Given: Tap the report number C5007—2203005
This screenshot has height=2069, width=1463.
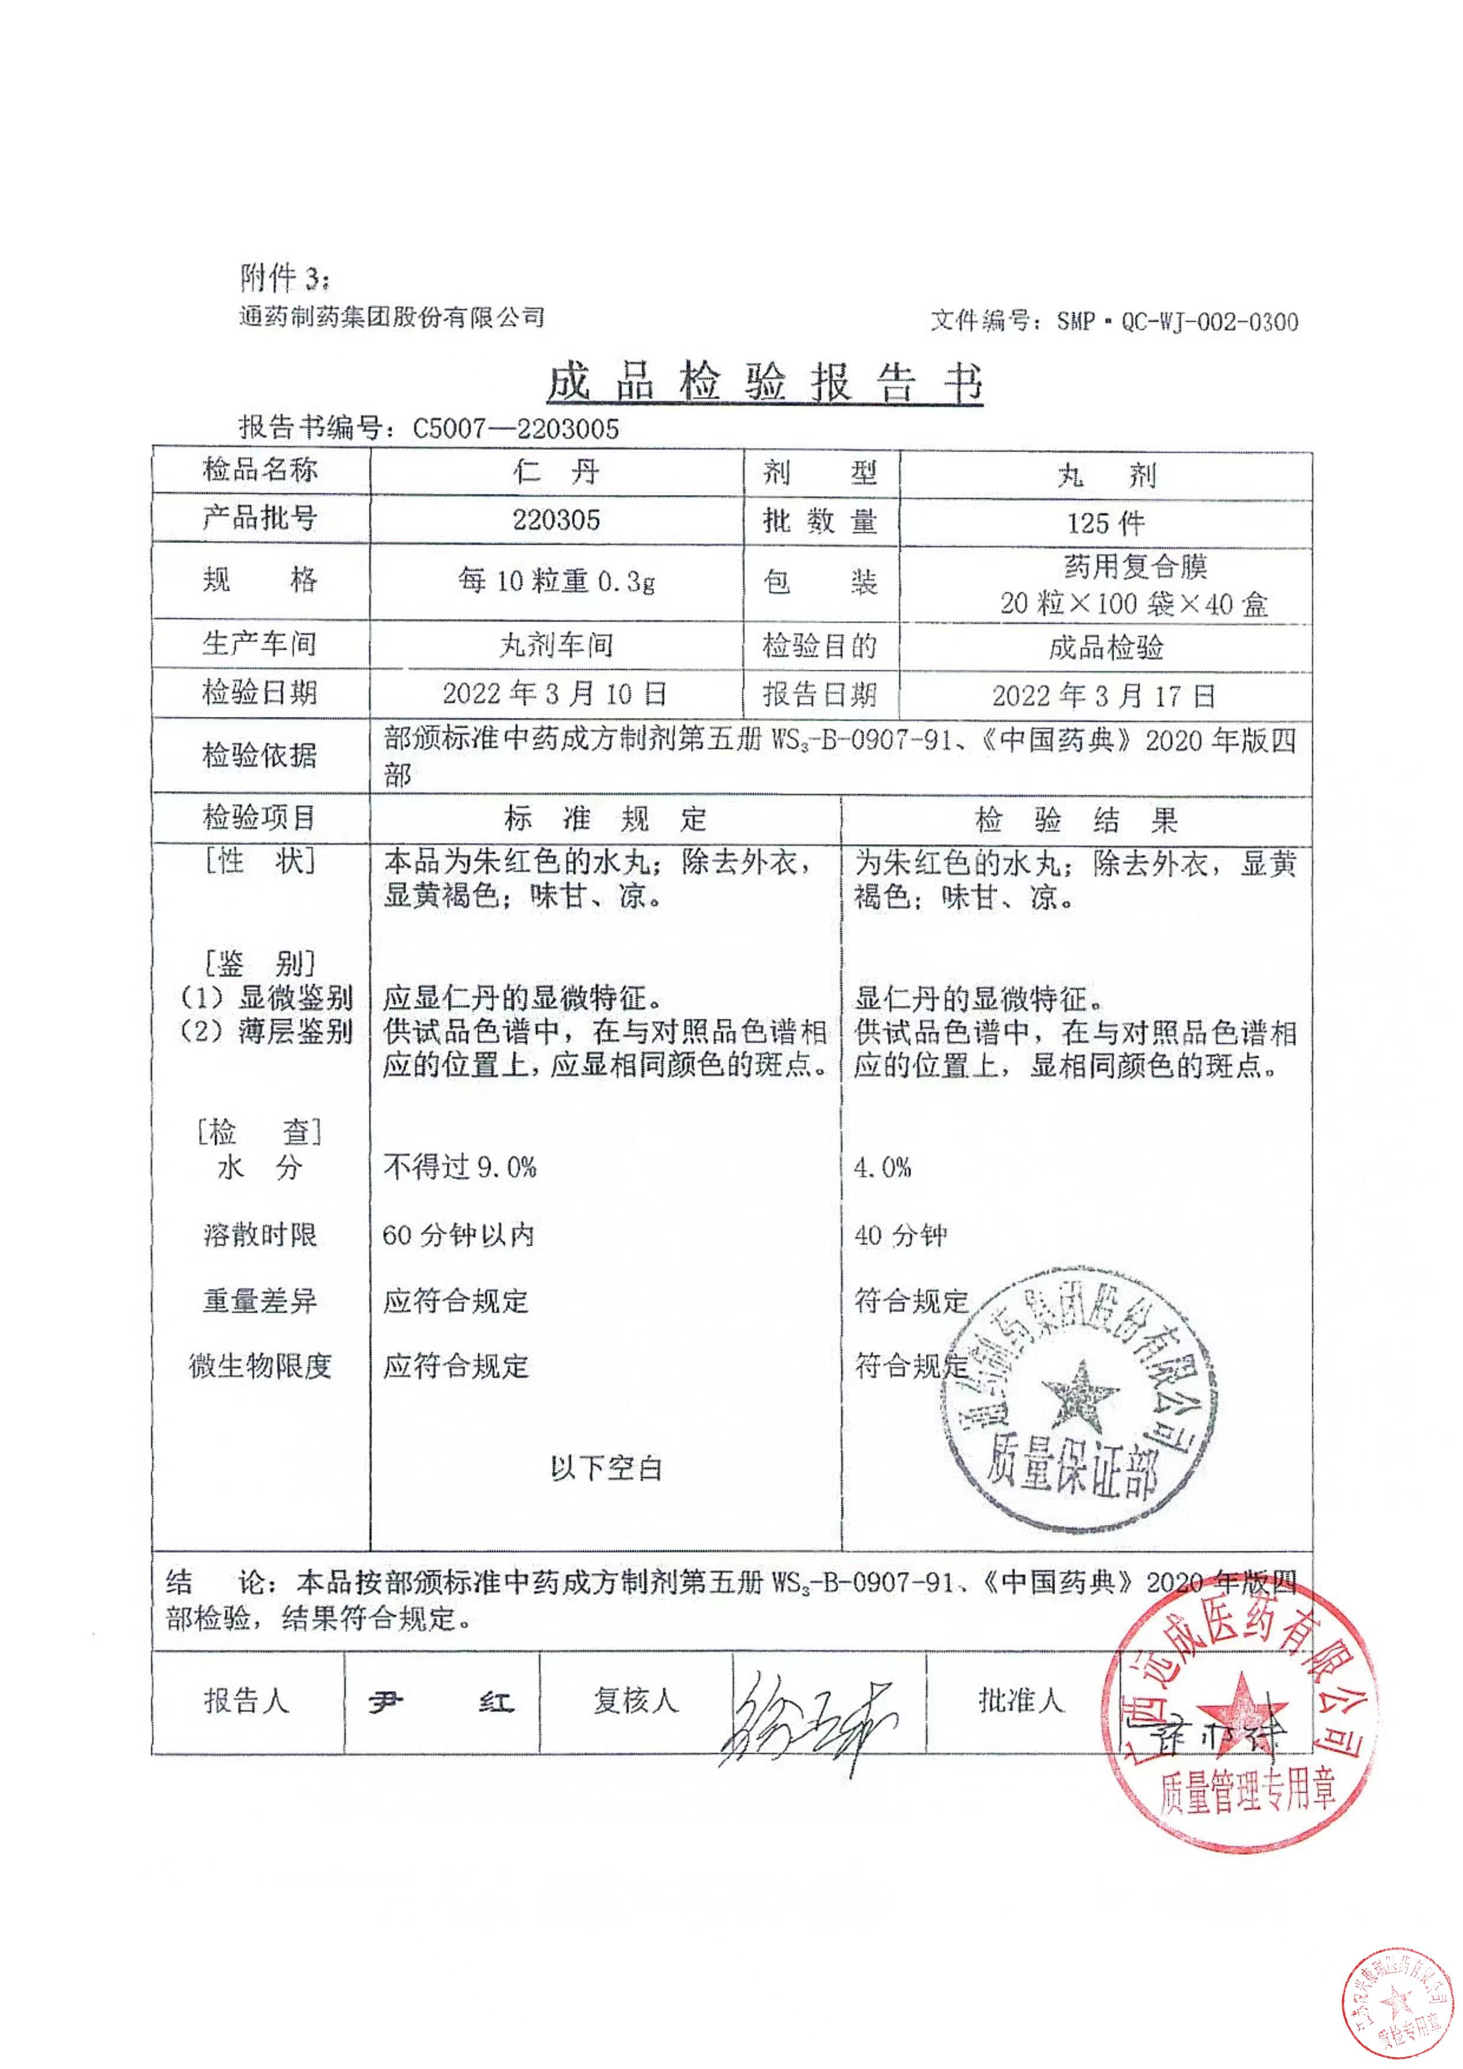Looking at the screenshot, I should (516, 429).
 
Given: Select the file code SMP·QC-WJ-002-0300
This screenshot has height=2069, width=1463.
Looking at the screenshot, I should (1177, 321).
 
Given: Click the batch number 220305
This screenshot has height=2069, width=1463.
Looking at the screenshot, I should (556, 520).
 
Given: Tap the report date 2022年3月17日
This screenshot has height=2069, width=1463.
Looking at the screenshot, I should (1104, 696).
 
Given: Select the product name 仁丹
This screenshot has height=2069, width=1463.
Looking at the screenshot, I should (556, 472).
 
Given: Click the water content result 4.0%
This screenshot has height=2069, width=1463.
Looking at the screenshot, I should (883, 1168).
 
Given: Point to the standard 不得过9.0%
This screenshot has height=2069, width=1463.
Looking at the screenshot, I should (460, 1168).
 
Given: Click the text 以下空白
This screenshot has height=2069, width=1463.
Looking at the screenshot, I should (606, 1468).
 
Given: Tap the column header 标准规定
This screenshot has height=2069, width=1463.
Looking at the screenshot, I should (605, 819).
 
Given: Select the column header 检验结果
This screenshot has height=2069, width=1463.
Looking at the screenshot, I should (1076, 820).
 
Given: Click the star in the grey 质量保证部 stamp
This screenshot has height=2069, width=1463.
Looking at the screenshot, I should (1079, 1398).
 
